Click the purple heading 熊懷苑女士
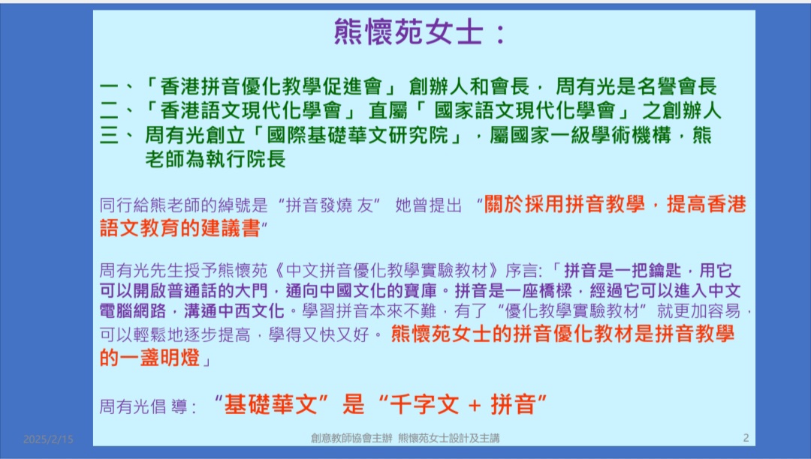click(x=409, y=32)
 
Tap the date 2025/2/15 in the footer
click(x=48, y=439)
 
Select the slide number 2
click(x=746, y=438)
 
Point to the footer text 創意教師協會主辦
click(x=351, y=438)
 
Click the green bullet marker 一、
click(x=117, y=87)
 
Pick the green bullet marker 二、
click(x=117, y=110)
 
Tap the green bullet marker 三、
click(x=117, y=135)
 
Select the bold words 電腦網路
click(x=133, y=310)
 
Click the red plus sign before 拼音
click(x=475, y=405)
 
